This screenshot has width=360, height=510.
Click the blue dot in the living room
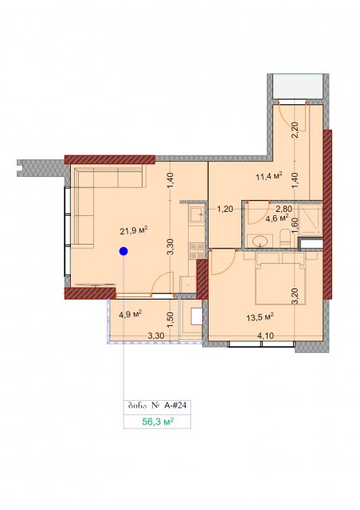123,251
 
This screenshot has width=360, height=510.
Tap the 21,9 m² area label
134,231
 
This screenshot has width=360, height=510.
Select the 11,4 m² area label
268,177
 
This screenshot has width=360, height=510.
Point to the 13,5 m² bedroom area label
260,317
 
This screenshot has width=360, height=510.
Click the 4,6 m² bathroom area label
277,218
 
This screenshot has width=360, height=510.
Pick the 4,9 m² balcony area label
130,315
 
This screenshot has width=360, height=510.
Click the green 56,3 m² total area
158,422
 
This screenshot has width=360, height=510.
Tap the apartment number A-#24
174,406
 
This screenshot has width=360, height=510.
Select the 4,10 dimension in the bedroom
265,335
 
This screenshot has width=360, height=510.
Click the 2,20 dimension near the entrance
295,130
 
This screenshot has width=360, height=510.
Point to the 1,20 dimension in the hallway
225,209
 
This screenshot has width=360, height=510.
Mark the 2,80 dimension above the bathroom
284,209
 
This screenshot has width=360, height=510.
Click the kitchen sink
197,214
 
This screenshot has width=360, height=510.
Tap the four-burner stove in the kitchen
197,251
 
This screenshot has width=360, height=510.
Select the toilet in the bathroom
285,237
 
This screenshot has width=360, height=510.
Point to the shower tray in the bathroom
311,220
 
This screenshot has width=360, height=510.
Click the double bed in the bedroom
280,279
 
